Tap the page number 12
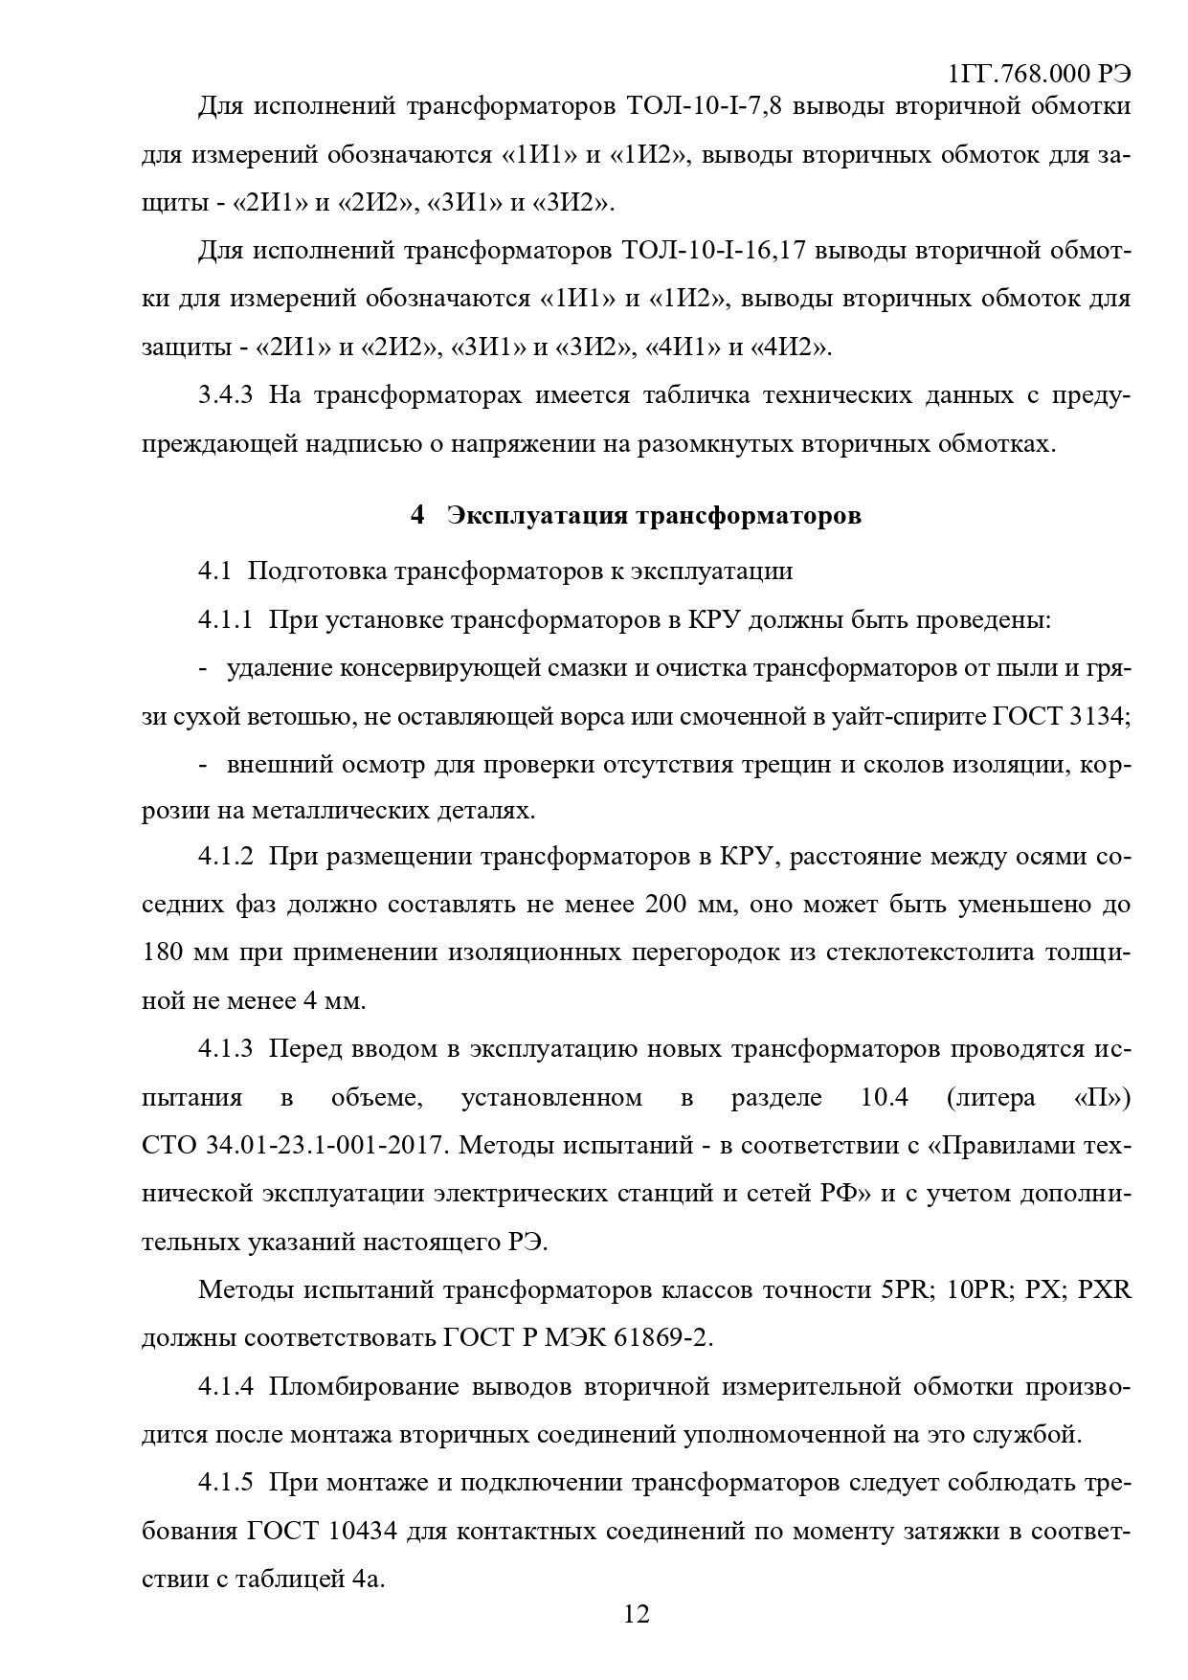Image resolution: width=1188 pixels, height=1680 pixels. point(637,1615)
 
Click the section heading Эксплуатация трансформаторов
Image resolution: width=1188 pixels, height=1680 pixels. point(654,516)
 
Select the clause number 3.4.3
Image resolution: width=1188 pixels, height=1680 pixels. point(225,395)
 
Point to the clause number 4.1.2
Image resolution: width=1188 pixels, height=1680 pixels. point(225,856)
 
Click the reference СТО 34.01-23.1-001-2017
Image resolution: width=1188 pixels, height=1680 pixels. point(295,1146)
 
